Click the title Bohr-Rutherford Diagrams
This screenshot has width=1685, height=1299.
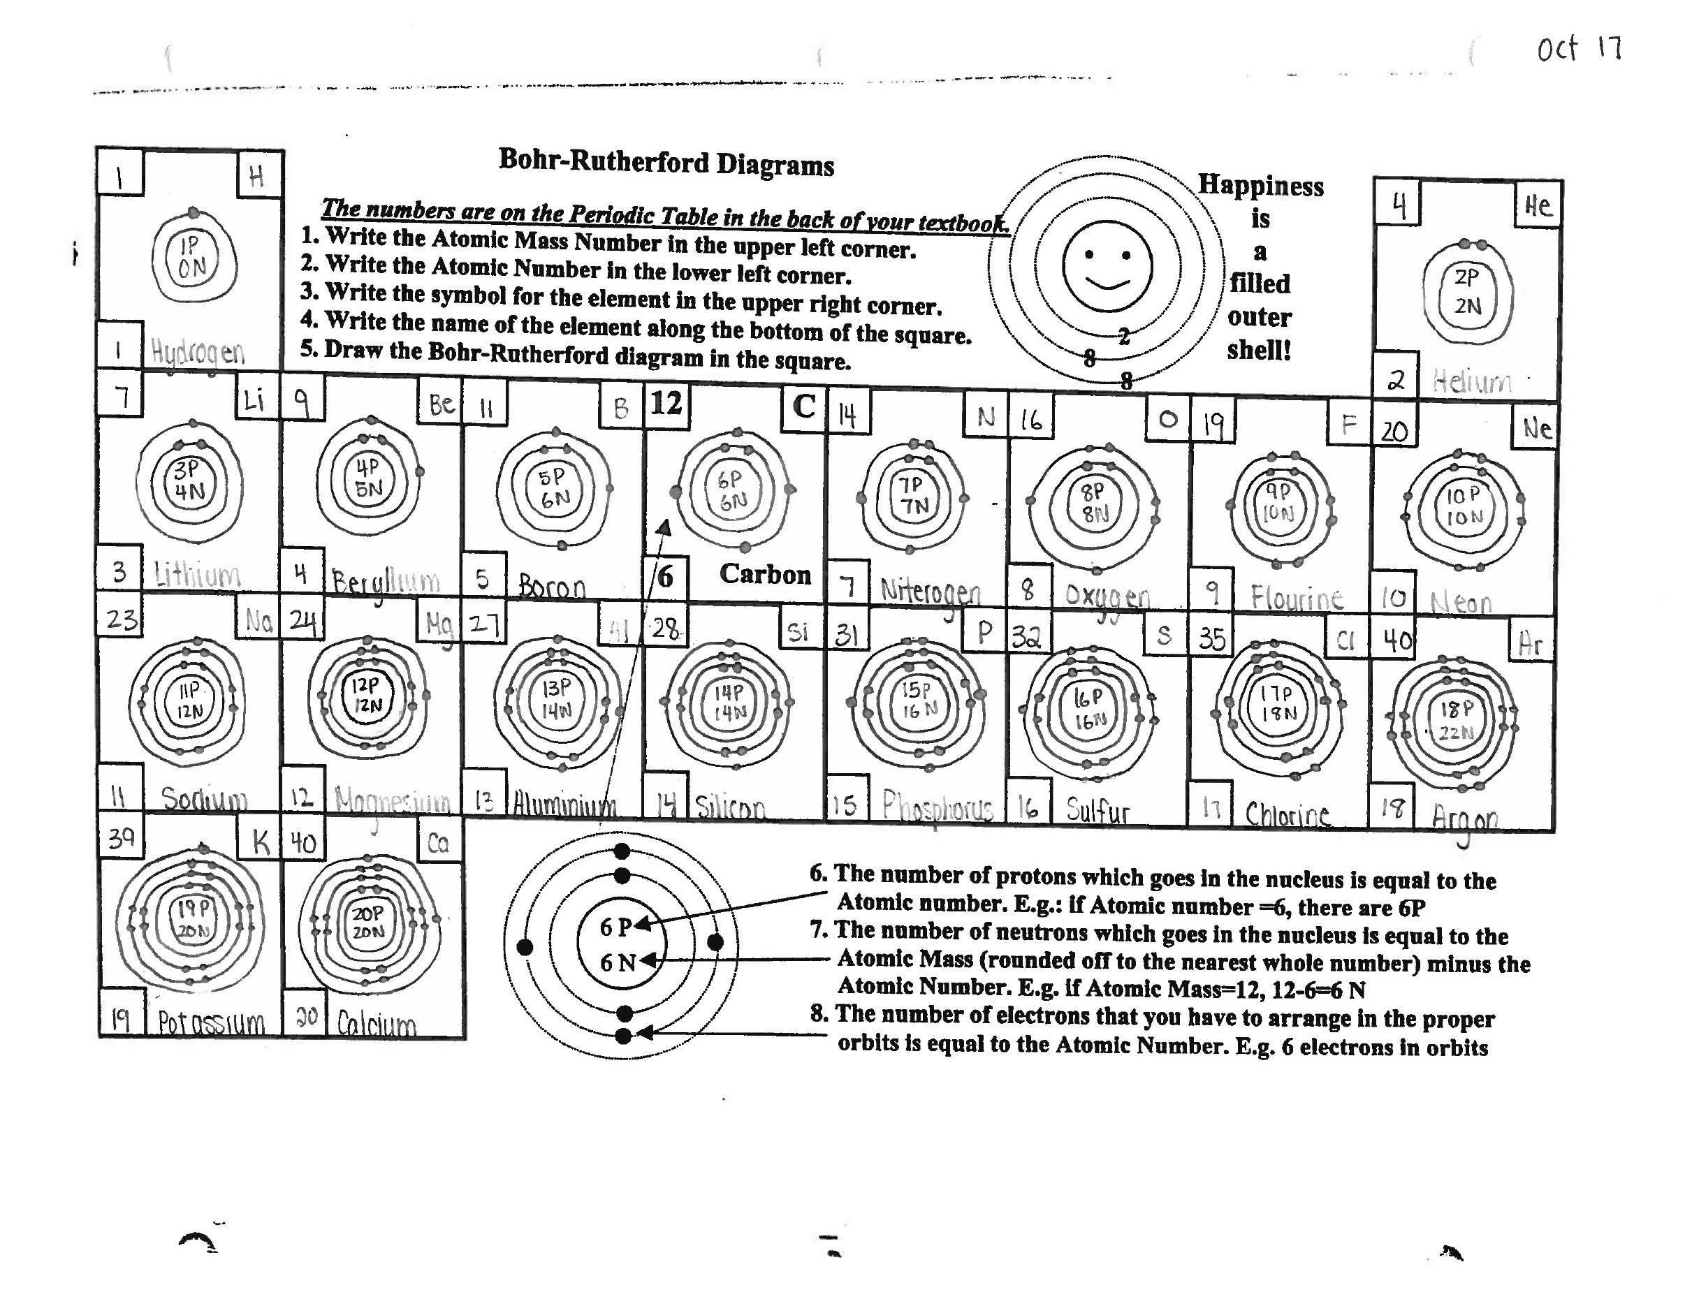tap(666, 163)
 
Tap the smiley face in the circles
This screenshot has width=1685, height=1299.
tap(1107, 266)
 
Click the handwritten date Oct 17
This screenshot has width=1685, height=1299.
tap(1579, 50)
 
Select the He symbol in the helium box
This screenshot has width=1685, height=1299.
tap(1537, 205)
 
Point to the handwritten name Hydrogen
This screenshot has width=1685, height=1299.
tap(198, 353)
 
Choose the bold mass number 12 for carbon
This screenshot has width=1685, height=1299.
tap(666, 404)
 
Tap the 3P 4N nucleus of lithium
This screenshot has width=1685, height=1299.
tap(187, 480)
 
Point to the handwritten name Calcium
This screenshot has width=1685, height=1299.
tap(377, 1023)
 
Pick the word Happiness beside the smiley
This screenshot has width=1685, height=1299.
tap(1260, 186)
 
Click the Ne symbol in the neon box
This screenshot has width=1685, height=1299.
tap(1536, 428)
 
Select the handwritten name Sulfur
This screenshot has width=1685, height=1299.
tap(1097, 809)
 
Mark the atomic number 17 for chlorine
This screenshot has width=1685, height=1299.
tap(1211, 807)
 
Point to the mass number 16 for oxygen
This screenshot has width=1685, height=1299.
tap(1030, 420)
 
